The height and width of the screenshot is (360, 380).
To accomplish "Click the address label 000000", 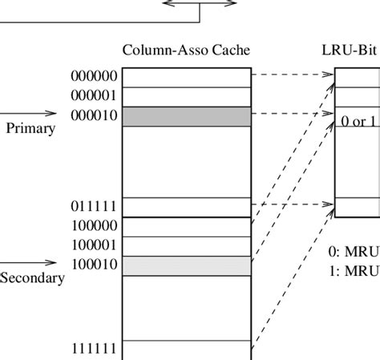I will pos(95,77).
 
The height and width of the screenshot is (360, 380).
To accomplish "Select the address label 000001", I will pos(95,96).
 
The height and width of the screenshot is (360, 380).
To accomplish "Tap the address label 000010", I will pos(95,116).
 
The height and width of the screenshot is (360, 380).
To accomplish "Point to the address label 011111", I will pos(95,207).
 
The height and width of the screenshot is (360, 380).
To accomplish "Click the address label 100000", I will pos(95,226).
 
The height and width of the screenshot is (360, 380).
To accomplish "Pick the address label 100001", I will pos(95,245).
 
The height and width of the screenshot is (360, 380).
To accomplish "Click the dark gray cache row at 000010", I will pos(186,116).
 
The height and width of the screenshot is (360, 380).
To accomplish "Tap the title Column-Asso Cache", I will pos(186,51).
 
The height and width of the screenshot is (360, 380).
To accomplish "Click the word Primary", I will pos(30,128).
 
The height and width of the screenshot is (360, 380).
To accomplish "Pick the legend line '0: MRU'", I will pos(354,251).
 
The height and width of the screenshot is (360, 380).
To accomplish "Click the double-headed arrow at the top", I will pos(200,3).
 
